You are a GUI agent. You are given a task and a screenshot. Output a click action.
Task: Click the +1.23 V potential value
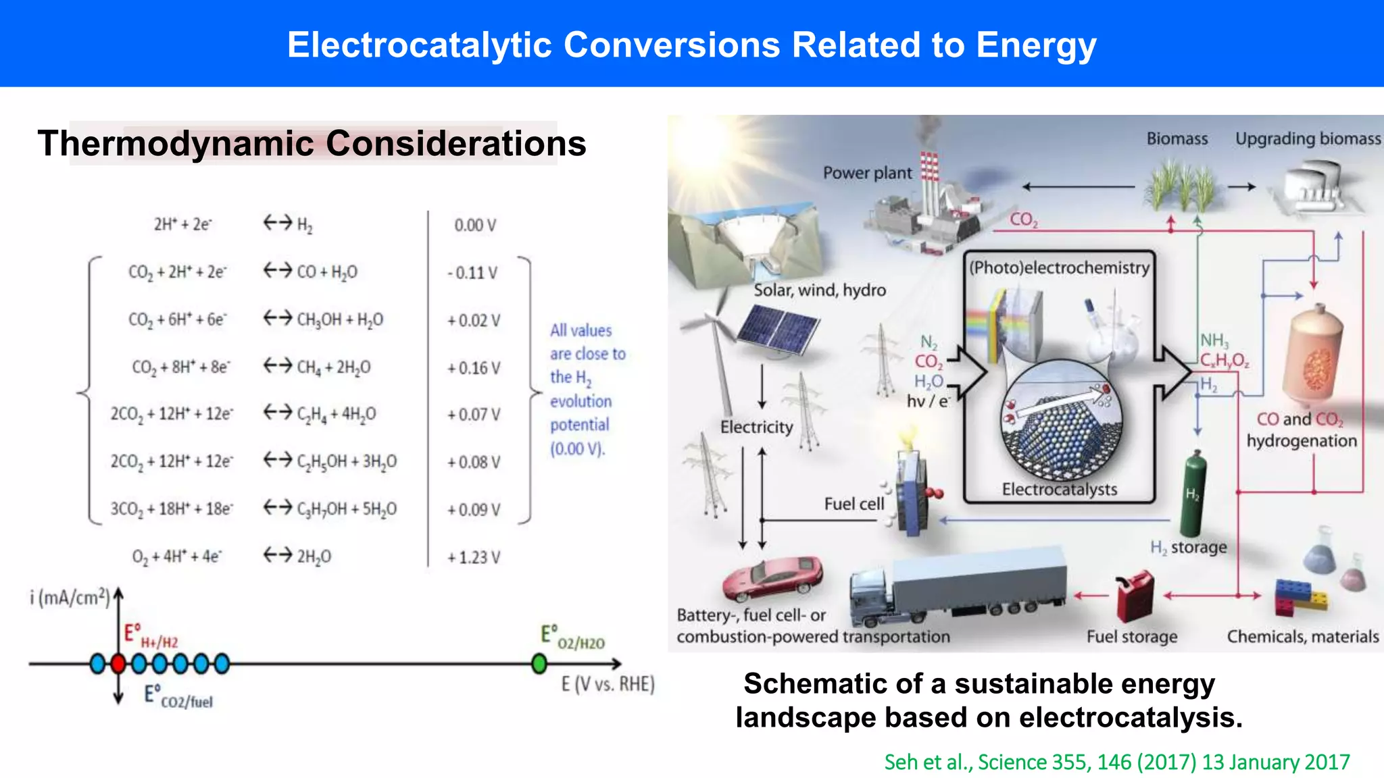[x=474, y=557]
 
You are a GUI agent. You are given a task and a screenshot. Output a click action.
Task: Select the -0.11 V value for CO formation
[x=472, y=273]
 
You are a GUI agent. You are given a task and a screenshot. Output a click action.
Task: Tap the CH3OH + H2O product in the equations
[x=340, y=319]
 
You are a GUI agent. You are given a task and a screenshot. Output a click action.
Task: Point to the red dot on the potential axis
[x=118, y=664]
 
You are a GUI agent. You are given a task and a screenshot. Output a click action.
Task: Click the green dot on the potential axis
[x=539, y=664]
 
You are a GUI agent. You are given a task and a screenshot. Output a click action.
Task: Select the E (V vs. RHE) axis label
[x=608, y=684]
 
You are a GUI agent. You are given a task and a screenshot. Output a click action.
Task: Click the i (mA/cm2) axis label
[x=69, y=598]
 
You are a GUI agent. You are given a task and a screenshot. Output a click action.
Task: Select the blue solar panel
[x=778, y=329]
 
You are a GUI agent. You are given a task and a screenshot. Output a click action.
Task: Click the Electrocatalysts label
[x=1059, y=489]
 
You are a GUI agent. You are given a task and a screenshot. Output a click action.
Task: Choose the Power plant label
[x=867, y=173]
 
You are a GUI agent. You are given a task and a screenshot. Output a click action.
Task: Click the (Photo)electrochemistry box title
[x=1059, y=267]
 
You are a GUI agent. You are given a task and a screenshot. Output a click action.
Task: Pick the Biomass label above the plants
[x=1177, y=138]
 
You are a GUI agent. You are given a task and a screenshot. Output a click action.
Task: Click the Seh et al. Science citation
[x=1116, y=762]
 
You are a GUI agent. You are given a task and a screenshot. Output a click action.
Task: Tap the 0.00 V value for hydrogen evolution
[x=475, y=225]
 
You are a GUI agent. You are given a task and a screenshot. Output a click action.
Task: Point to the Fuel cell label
[x=854, y=504]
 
